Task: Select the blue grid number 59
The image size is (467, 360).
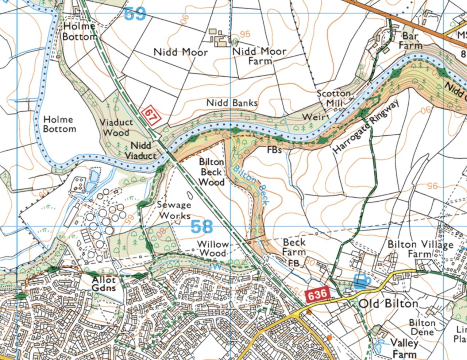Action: [135, 14]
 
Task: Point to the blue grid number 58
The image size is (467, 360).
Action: [202, 227]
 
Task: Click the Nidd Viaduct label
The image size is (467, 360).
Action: [140, 151]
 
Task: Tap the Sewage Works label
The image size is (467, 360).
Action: [174, 210]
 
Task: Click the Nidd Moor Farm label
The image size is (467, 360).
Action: [259, 56]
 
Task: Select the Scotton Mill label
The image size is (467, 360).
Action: [334, 98]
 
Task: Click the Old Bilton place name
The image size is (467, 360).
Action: [389, 304]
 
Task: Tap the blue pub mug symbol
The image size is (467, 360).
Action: [362, 281]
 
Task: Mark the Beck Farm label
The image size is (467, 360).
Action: [294, 247]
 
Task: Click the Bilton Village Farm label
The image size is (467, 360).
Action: [420, 249]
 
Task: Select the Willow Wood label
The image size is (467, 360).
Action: [213, 248]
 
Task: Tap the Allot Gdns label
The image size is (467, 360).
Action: [104, 284]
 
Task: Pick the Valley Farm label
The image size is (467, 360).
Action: [404, 348]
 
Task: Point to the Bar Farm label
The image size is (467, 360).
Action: [410, 41]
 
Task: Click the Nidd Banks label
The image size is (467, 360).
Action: [232, 103]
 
